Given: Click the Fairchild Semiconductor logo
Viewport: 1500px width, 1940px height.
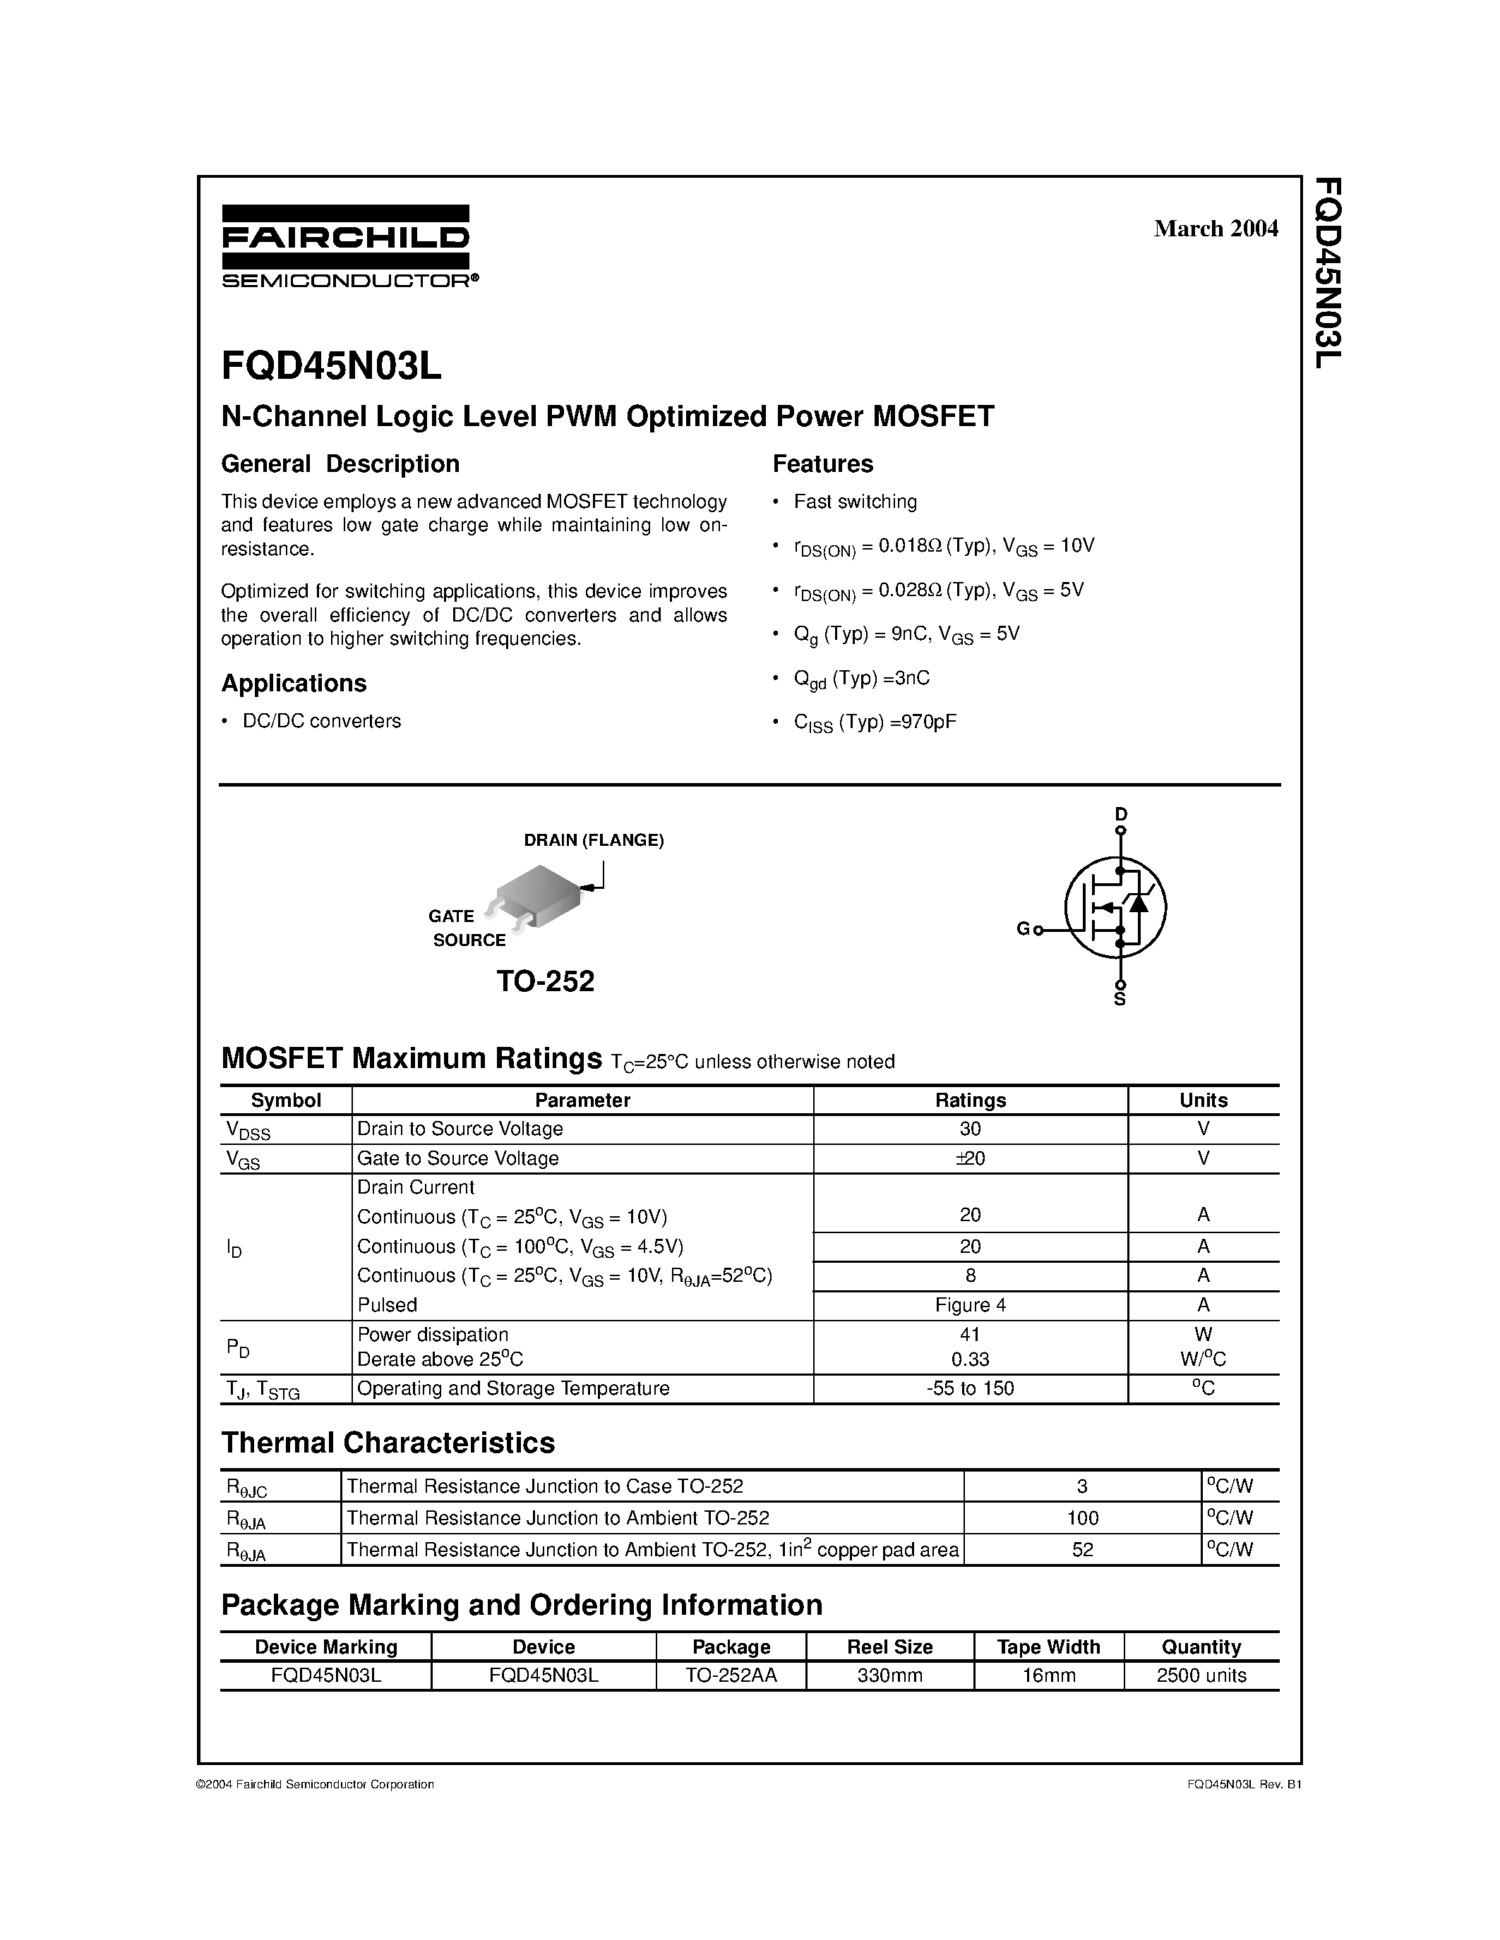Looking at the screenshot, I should pos(347,246).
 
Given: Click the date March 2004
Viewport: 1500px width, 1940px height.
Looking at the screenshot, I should pos(1215,229).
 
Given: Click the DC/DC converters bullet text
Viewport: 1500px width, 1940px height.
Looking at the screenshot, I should pos(322,721).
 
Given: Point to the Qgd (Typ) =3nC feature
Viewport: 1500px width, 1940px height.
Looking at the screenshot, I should pos(861,679).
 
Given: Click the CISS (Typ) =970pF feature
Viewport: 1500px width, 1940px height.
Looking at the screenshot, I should pos(875,722).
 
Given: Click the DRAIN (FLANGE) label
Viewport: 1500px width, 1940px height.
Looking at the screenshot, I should pos(594,840).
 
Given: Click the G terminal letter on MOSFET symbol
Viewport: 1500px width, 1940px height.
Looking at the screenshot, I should pos(1022,929).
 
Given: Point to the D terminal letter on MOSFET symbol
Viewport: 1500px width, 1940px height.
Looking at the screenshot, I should pos(1120,813).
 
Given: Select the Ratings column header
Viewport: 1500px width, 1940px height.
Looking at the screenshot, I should pos(971,1100).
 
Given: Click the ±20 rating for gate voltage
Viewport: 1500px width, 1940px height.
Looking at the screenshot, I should pos(971,1158).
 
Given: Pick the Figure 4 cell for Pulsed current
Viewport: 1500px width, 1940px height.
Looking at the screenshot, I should pos(971,1305).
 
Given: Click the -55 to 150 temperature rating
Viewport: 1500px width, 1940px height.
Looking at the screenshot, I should pos(971,1388).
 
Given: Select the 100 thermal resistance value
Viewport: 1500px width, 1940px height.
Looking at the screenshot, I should pos(1082,1518).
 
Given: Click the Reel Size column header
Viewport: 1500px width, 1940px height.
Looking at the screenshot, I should pos(889,1647).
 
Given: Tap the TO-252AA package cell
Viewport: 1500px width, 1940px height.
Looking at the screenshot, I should pos(731,1675).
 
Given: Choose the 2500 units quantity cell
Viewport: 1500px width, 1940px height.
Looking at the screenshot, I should pos(1201,1675).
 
